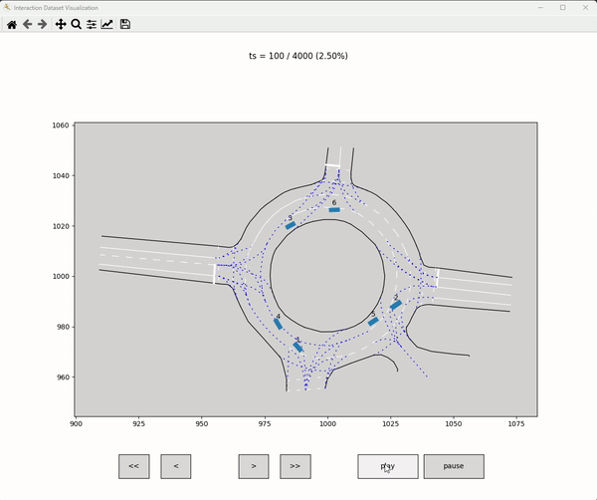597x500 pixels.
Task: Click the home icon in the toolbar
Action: (x=12, y=24)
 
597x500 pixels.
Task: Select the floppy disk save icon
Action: (x=124, y=24)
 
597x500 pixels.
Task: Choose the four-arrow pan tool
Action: (x=60, y=24)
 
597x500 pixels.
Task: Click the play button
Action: (x=387, y=466)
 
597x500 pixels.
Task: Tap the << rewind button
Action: (x=133, y=466)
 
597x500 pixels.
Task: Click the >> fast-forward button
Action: (x=295, y=466)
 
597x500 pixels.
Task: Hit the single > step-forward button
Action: (x=254, y=466)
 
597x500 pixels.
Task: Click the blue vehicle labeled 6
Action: (x=334, y=210)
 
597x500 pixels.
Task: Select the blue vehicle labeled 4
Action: (x=279, y=324)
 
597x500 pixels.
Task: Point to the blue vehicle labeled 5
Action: (x=373, y=321)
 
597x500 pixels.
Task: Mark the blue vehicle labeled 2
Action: (x=396, y=305)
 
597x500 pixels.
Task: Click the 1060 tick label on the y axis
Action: (x=60, y=125)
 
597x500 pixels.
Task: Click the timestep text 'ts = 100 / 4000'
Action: (x=298, y=57)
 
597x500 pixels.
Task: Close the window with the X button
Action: (x=585, y=7)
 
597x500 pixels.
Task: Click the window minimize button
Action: (x=538, y=7)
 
